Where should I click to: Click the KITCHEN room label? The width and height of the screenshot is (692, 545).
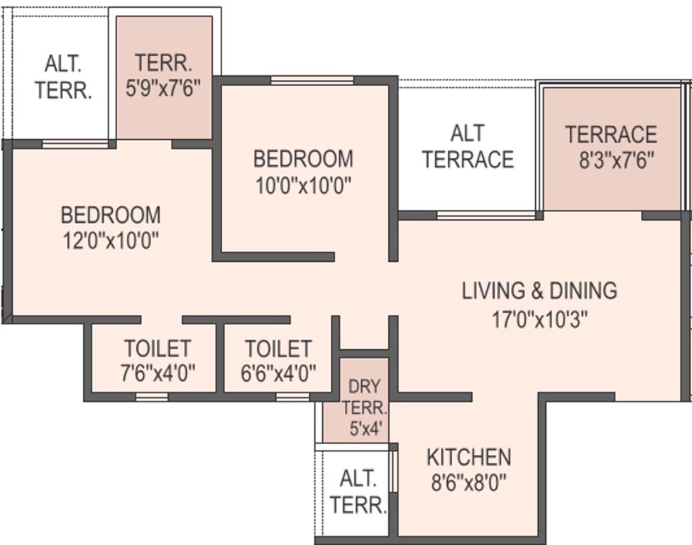468,456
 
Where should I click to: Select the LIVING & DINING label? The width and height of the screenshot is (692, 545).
539,291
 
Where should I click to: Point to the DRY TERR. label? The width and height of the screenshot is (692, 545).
364,398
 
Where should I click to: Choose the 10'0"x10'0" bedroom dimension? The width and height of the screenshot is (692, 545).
304,185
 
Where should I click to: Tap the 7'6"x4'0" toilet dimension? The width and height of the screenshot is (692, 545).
158,371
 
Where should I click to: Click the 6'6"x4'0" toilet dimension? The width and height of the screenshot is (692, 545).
278,371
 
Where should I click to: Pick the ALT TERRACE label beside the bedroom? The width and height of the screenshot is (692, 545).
468,146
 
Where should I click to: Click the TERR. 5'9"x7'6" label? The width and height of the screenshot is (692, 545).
165,75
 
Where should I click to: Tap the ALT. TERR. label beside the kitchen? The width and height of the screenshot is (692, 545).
358,491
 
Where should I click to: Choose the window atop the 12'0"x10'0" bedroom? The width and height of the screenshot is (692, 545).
75,144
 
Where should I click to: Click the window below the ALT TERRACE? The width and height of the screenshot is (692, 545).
485,215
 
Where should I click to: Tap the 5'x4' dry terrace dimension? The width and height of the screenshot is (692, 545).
364,429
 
